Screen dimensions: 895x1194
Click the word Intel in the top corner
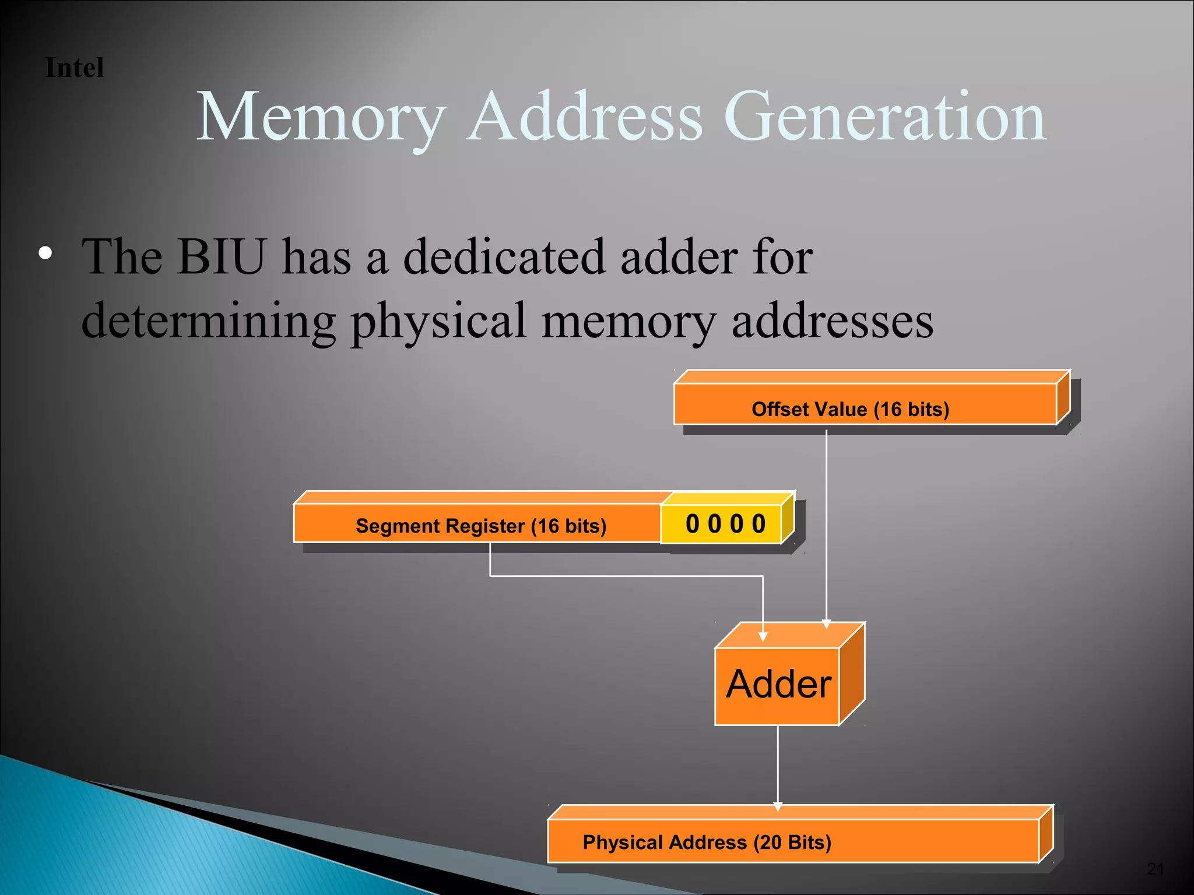(x=75, y=68)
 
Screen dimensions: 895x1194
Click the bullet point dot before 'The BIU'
(x=45, y=253)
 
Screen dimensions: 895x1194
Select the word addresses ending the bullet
(x=832, y=322)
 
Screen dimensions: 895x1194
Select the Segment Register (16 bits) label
(x=481, y=526)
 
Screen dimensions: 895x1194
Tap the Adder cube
(x=778, y=684)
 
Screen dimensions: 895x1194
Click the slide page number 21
(x=1155, y=869)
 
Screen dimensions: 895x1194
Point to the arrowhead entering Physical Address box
(x=778, y=806)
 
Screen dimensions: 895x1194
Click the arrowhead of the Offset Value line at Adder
(x=826, y=624)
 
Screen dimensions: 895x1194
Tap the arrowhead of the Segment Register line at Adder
(x=763, y=637)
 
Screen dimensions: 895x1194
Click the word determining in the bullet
(x=208, y=322)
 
